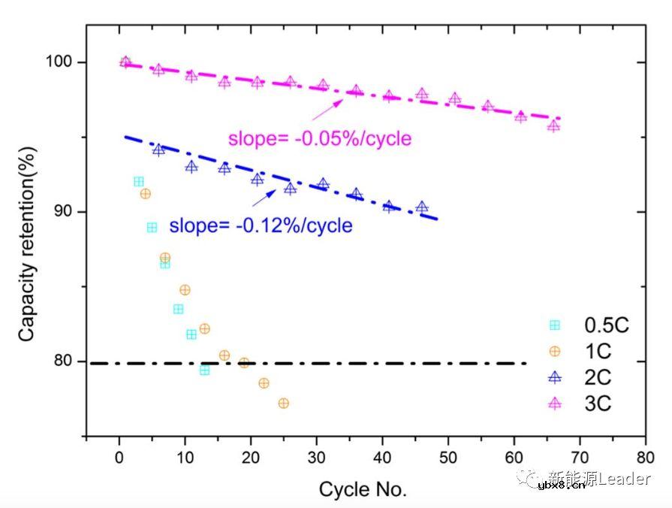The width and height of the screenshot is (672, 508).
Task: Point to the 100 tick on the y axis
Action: click(x=62, y=62)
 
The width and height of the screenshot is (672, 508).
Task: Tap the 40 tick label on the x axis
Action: click(x=382, y=456)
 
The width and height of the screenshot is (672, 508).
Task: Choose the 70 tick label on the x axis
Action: click(x=580, y=456)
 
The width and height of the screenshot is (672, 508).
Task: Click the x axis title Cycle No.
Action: click(x=363, y=490)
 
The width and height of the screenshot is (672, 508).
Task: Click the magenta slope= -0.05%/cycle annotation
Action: click(x=320, y=139)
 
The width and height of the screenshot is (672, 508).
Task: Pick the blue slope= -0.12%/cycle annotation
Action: click(x=261, y=225)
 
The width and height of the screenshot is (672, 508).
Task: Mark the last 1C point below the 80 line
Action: click(x=283, y=404)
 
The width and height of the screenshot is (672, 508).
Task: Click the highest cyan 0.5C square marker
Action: click(x=138, y=182)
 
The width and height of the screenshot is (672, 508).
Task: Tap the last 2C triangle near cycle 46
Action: click(x=422, y=207)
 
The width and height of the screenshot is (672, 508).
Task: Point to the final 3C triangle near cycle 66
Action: click(x=553, y=125)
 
